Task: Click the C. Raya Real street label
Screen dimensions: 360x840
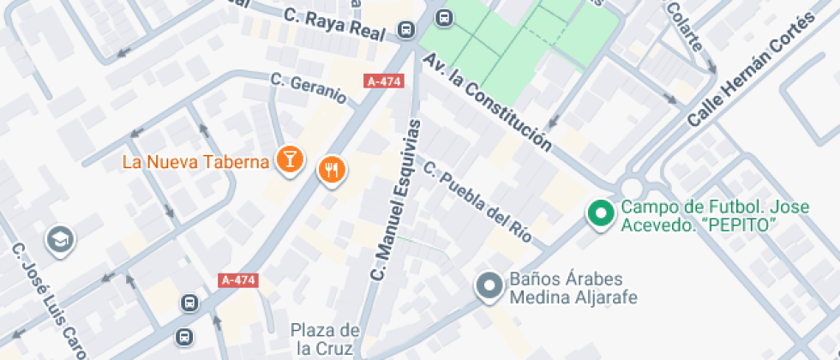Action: pyautogui.click(x=339, y=22)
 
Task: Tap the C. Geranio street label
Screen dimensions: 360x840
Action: pyautogui.click(x=309, y=87)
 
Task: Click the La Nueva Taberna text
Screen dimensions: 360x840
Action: pyautogui.click(x=196, y=161)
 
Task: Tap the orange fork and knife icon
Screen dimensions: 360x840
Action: pyautogui.click(x=332, y=170)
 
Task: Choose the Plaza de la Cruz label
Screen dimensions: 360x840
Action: pyautogui.click(x=324, y=339)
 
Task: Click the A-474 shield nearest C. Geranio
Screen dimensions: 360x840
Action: pyautogui.click(x=383, y=81)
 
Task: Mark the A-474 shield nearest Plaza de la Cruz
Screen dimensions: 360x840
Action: pyautogui.click(x=239, y=280)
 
